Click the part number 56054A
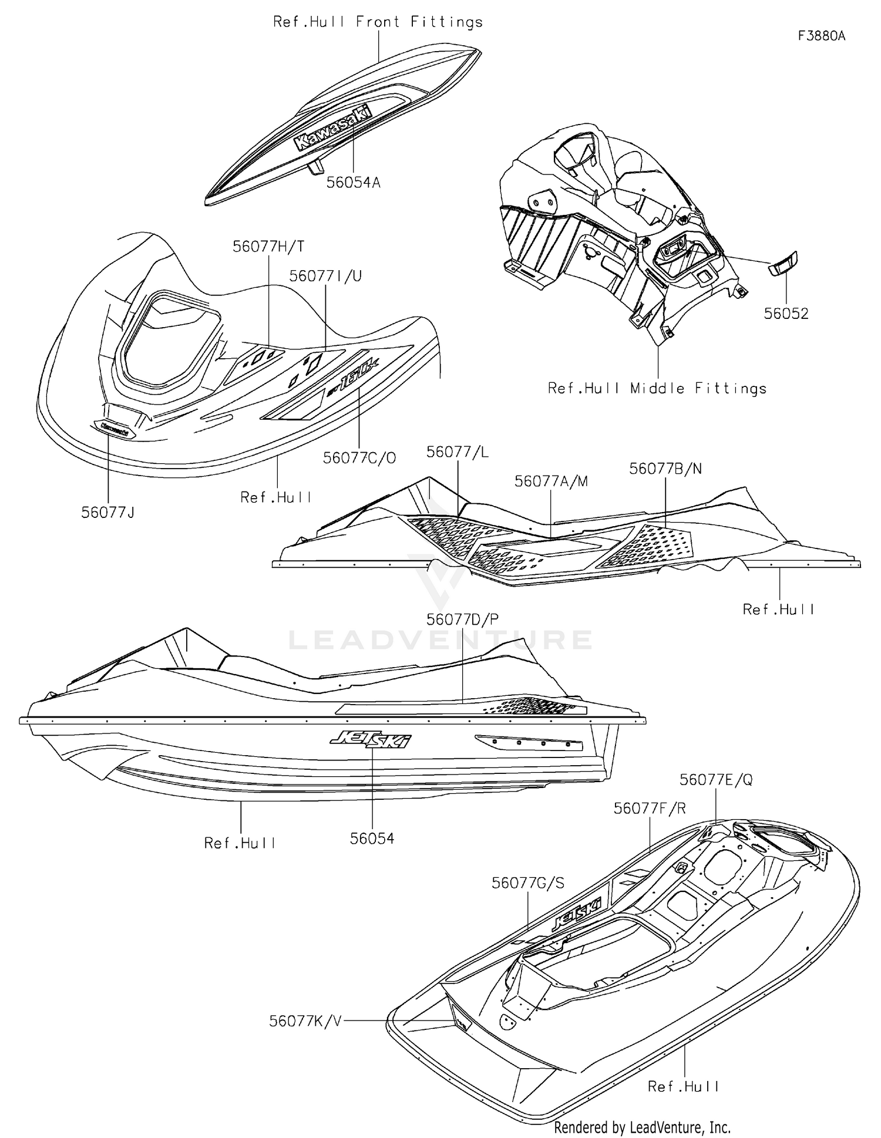[354, 183]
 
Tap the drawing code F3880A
[821, 36]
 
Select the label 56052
[786, 314]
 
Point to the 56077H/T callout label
[268, 247]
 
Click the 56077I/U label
[325, 276]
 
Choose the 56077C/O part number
[359, 458]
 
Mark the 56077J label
[108, 513]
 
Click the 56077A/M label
[551, 482]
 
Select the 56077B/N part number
[665, 469]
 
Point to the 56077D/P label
[463, 619]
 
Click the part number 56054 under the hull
[372, 839]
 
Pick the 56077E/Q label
[716, 780]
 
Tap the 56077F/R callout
[650, 809]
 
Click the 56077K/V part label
[305, 1021]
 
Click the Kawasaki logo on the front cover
[333, 127]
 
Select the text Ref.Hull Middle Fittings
[657, 389]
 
